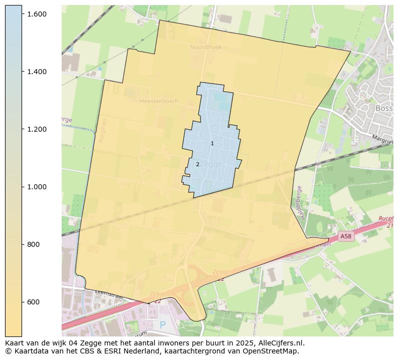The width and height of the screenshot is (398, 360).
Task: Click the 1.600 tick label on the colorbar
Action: click(x=37, y=14)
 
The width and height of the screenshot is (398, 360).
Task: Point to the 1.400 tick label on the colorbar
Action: click(x=37, y=72)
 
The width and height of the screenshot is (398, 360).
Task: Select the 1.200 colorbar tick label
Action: click(x=37, y=129)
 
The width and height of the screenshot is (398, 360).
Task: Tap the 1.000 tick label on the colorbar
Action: click(x=37, y=187)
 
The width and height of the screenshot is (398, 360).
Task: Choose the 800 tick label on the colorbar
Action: click(x=33, y=244)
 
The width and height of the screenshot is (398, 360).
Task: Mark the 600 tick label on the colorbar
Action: click(x=33, y=302)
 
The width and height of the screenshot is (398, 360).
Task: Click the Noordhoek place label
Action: click(x=206, y=47)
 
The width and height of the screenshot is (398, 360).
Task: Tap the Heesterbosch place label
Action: click(x=159, y=101)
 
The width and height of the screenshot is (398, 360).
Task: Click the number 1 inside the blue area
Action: click(x=212, y=144)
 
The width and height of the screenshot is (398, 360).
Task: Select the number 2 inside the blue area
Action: click(x=197, y=164)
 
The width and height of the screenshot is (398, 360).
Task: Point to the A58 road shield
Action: click(x=345, y=236)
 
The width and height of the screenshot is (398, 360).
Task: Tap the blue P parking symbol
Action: click(x=162, y=325)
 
